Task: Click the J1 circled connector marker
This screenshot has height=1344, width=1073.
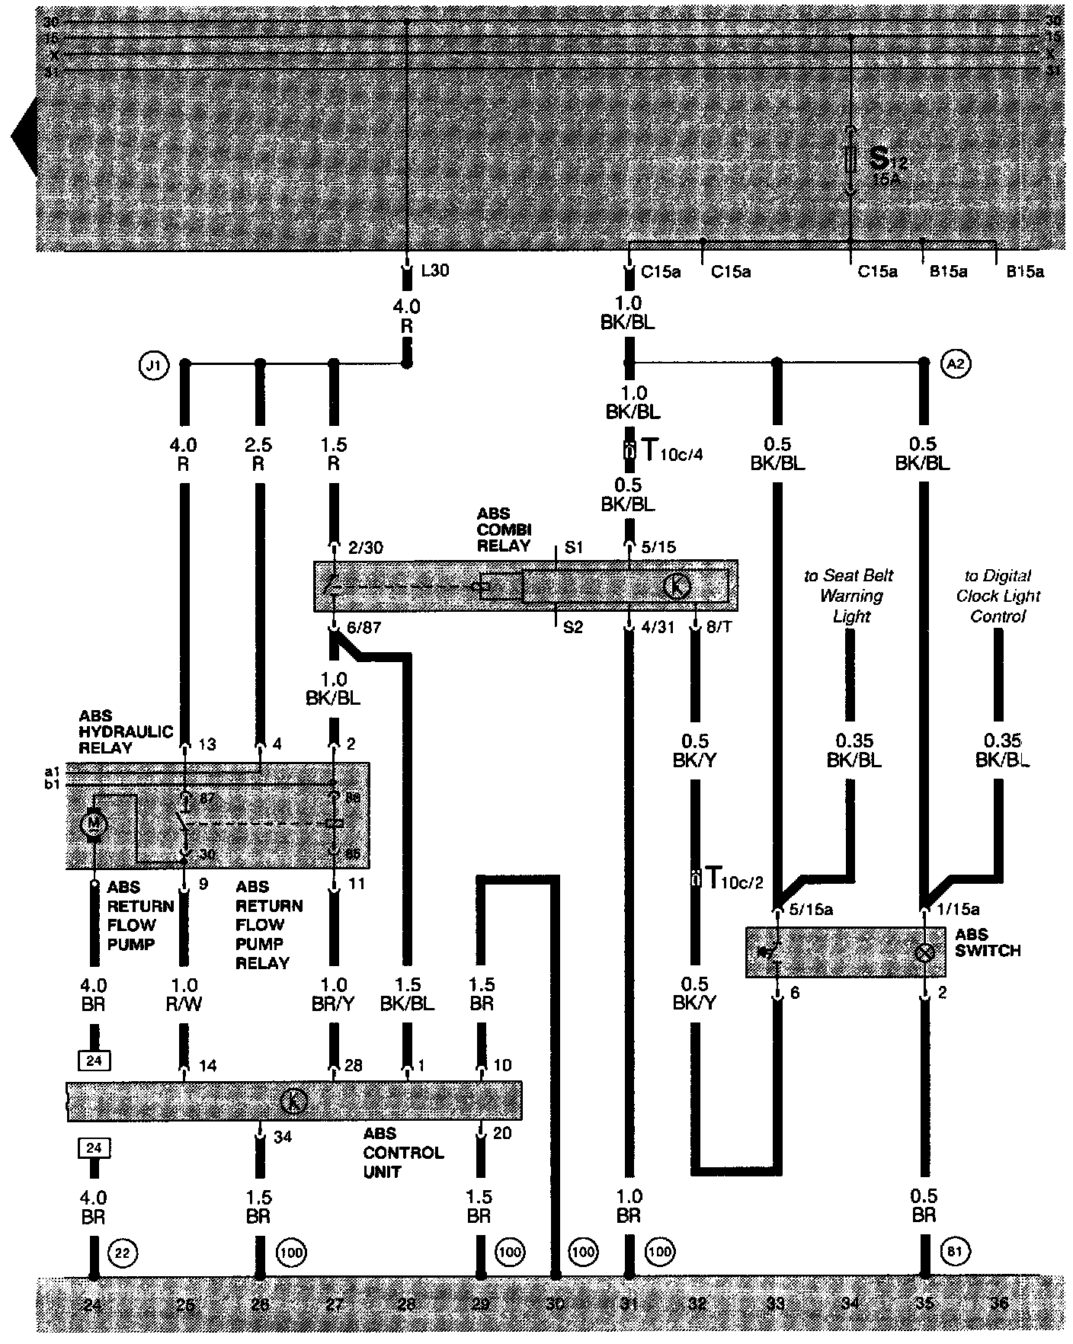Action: tap(154, 365)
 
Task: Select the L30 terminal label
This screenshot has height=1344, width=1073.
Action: tap(435, 270)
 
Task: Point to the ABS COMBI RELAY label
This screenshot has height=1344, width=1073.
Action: tap(503, 530)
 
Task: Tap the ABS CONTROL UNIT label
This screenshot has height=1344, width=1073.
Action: tap(402, 1152)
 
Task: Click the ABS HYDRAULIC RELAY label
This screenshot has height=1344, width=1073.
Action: tap(116, 731)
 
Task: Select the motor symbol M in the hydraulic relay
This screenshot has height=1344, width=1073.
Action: tap(94, 823)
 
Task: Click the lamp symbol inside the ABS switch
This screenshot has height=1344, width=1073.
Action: tap(924, 952)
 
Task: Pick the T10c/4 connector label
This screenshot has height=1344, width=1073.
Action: tap(663, 450)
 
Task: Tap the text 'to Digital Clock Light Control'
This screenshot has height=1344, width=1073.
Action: tap(998, 596)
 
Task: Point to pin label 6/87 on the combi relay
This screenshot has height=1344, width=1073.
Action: tap(362, 627)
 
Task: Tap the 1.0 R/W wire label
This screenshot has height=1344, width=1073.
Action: tap(184, 994)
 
